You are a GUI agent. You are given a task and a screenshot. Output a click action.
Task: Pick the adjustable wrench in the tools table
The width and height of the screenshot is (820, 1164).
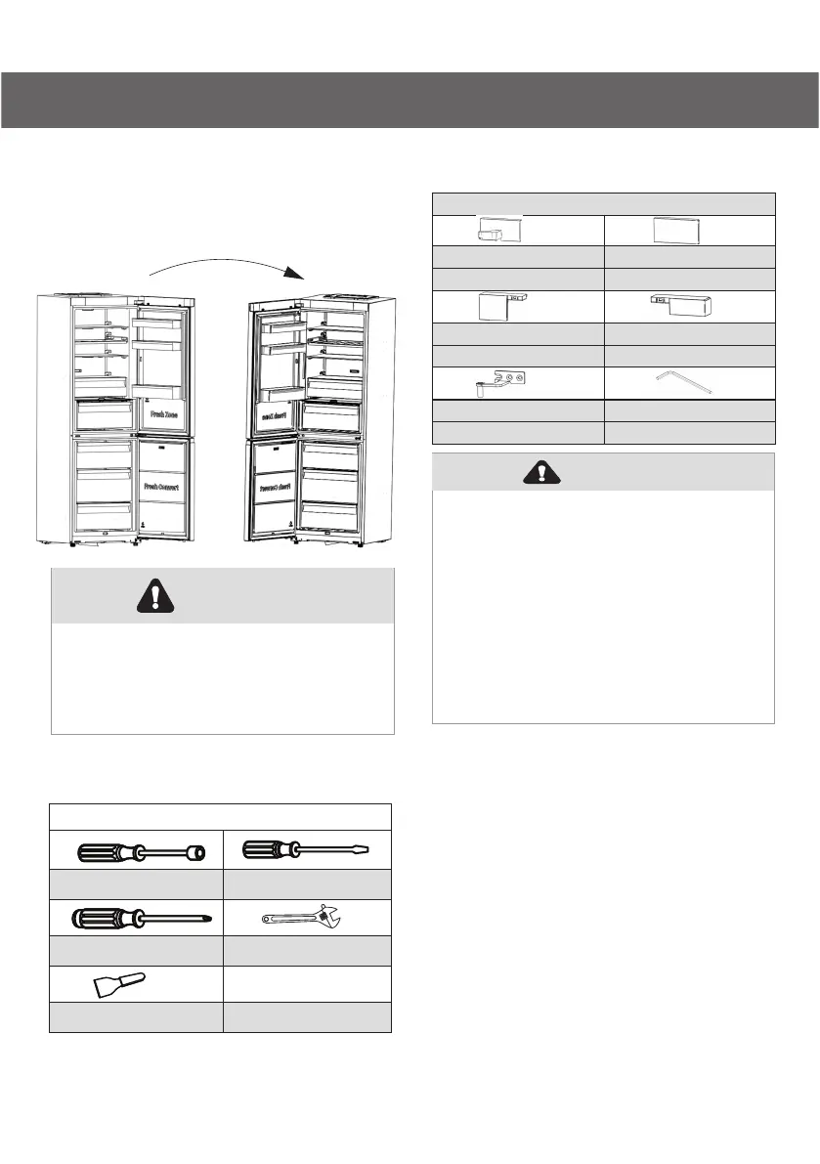pos(305,919)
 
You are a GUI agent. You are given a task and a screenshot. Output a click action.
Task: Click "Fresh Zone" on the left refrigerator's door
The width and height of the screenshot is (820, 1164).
pos(162,413)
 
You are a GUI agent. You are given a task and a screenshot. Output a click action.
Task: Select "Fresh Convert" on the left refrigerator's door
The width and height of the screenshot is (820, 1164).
pos(164,485)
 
